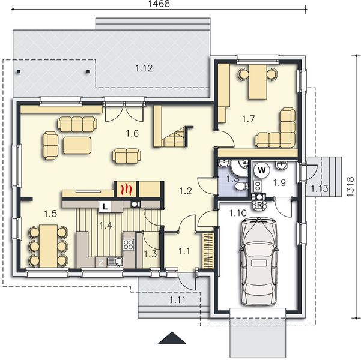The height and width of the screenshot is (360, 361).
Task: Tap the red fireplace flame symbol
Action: pos(126,189)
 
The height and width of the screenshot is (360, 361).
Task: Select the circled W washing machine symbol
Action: pos(262,170)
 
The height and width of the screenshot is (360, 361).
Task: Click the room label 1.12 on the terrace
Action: pos(144,68)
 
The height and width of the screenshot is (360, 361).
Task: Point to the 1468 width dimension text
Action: pos(159,4)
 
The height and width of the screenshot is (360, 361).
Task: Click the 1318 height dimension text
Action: pos(350,187)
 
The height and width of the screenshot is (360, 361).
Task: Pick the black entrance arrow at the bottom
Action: pos(172,338)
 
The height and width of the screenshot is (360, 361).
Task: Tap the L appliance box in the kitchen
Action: pos(105,207)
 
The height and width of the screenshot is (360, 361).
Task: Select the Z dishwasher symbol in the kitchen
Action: pos(101,262)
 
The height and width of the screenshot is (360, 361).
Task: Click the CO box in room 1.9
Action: pos(258,186)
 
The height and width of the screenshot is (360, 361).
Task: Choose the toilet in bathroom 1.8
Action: pos(241,186)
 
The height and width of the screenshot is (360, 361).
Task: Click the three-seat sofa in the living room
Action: pos(77,124)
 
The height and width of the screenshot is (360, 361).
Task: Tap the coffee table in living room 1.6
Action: pos(77,145)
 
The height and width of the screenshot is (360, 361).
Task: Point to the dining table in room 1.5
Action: pos(48,246)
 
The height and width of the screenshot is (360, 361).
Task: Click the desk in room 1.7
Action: pos(258,82)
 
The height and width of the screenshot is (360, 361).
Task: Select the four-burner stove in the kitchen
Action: pos(129,245)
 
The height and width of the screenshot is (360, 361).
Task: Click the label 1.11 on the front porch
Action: pos(178,300)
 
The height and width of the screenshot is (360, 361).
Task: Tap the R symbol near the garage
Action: pos(259,205)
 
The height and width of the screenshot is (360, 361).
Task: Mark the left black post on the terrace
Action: pos(19,71)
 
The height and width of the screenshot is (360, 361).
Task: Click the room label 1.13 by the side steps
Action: pos(320,189)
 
